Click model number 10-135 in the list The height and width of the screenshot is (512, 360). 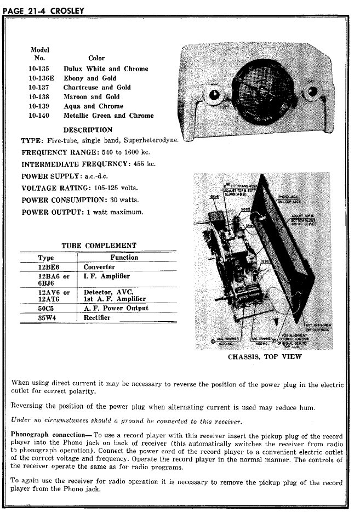(x=39, y=69)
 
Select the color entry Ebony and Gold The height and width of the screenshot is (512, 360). (x=90, y=78)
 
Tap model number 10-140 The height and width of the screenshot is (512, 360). (x=39, y=116)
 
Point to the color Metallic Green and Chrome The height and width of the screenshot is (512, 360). (x=108, y=116)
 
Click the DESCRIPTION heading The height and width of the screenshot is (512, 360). (x=88, y=130)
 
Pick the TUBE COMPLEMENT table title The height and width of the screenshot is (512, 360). (x=99, y=246)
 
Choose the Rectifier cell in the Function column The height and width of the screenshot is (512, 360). (x=97, y=318)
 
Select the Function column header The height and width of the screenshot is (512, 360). (x=124, y=257)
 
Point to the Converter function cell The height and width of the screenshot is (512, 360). (x=99, y=267)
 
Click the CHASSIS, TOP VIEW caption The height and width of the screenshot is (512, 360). (x=264, y=357)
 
